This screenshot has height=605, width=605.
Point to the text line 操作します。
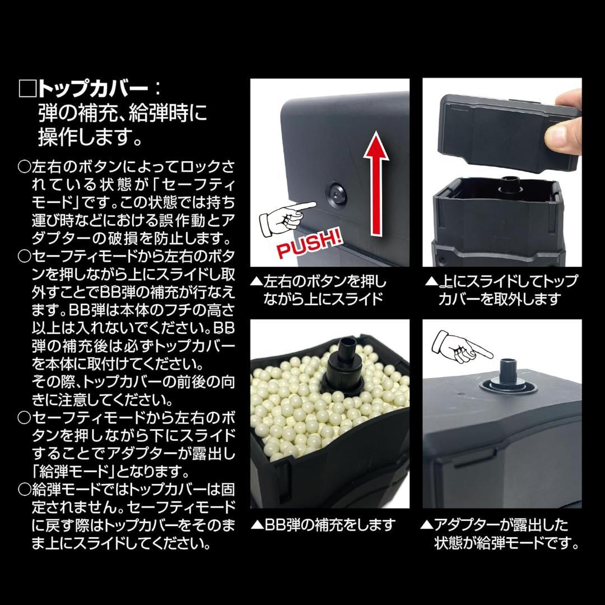(x=90, y=136)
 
